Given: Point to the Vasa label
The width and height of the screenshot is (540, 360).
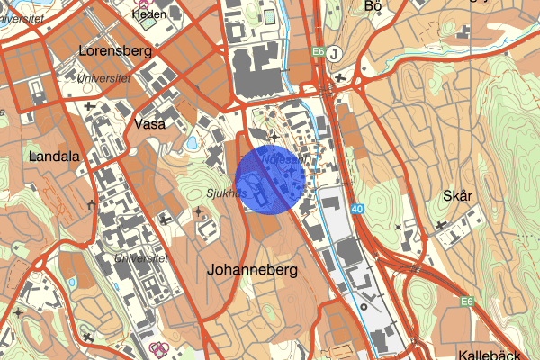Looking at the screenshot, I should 149,124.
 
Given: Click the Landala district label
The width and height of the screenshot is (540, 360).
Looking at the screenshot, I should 55,156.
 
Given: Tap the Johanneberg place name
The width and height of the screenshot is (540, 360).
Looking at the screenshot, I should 251,269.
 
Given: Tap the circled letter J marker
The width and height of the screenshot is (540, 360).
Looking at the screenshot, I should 335,53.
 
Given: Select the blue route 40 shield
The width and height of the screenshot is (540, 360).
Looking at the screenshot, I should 358,210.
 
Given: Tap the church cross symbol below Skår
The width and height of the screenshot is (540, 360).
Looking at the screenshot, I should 441,224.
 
